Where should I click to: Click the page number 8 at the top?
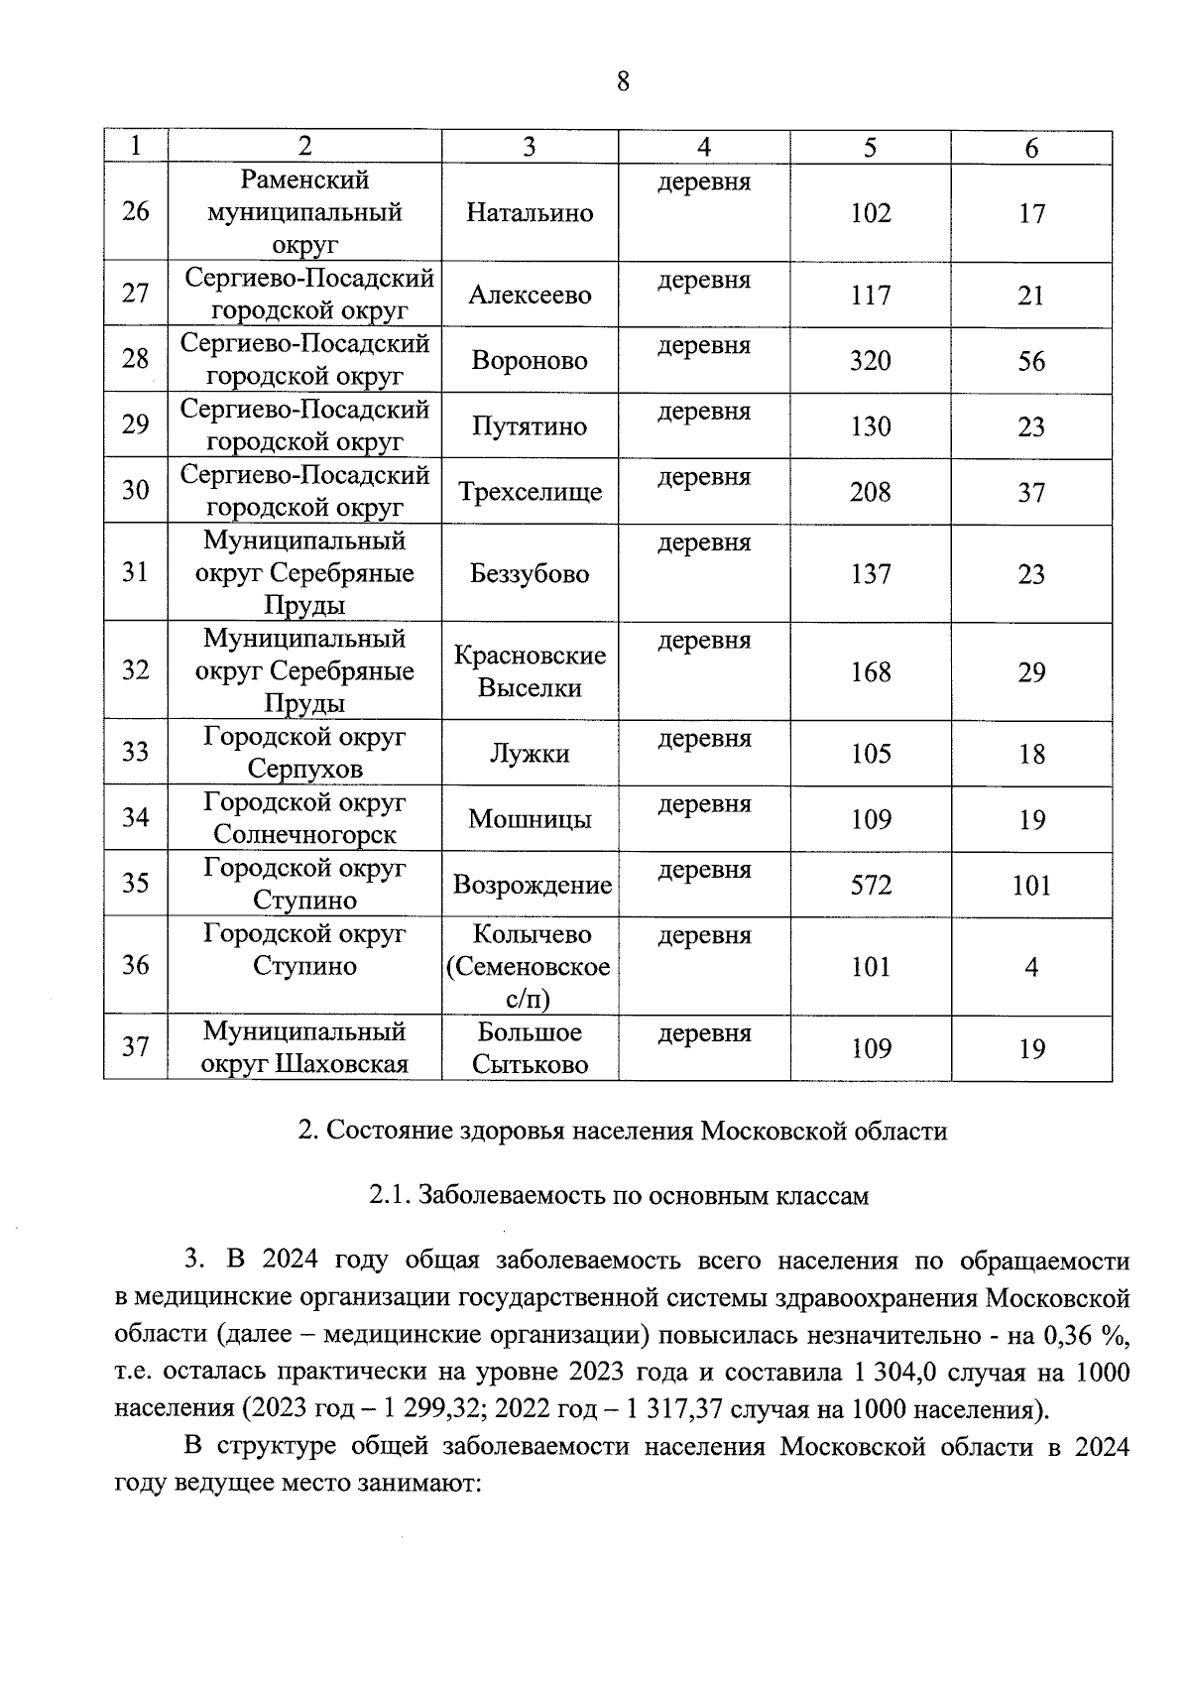tap(623, 81)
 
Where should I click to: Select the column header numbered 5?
tap(870, 147)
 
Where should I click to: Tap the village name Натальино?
tap(530, 213)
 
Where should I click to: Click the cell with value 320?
tap(870, 361)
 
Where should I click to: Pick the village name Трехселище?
tap(530, 492)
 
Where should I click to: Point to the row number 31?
tap(135, 573)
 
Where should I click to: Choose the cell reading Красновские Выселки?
tap(530, 671)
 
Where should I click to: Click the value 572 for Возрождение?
tap(870, 885)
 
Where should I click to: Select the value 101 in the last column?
tap(1031, 885)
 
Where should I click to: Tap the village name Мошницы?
tap(530, 819)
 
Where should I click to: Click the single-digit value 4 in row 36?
tap(1031, 967)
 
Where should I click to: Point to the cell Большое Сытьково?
tap(530, 1048)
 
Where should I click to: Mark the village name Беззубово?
tap(530, 574)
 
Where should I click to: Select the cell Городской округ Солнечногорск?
tap(304, 818)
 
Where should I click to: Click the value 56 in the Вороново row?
tap(1031, 361)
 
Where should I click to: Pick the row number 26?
tap(135, 212)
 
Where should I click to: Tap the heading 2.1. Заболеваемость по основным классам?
tap(619, 1195)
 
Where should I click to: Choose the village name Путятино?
tap(530, 426)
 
